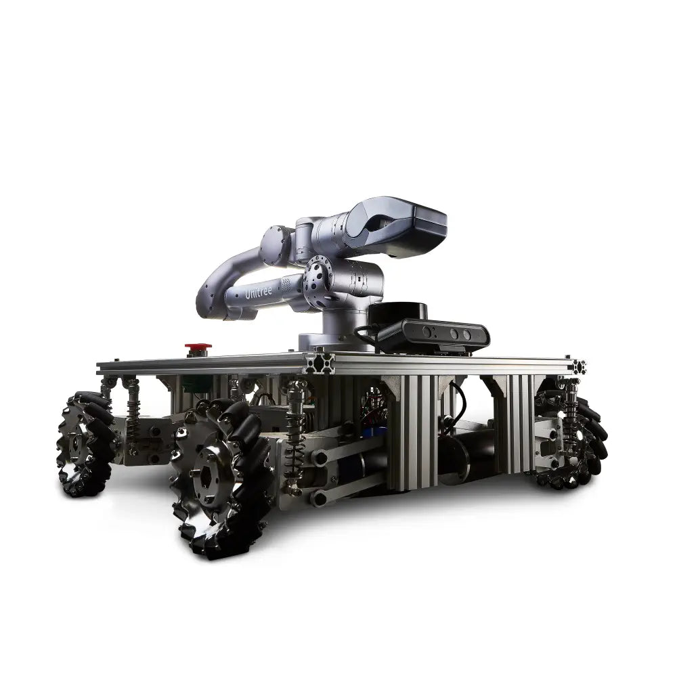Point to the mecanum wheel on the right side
tap(572, 437)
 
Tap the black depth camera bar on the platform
tap(433, 335)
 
